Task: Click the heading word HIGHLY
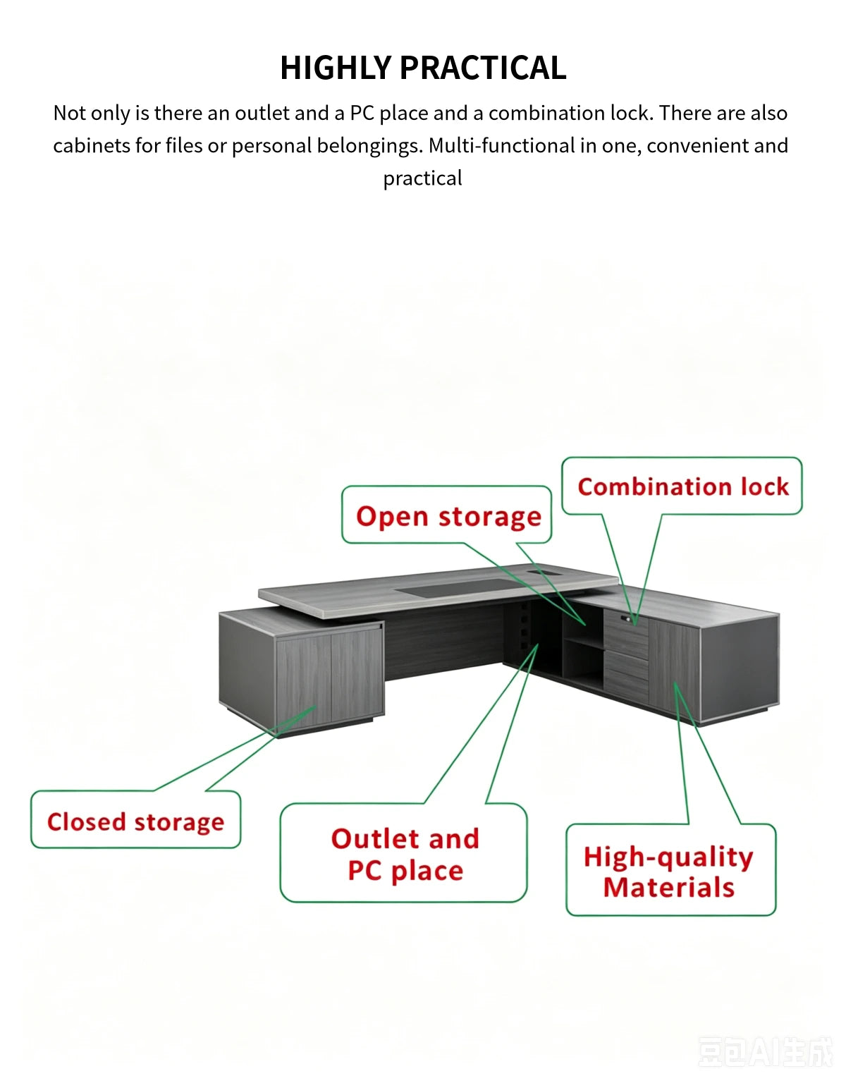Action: point(336,67)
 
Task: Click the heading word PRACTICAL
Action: point(483,67)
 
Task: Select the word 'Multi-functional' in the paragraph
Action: point(502,145)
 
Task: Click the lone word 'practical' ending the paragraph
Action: point(422,178)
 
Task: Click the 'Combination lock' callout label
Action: point(682,487)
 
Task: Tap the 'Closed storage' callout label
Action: point(135,822)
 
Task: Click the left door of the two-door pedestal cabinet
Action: point(304,683)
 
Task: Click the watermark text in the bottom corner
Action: point(766,1051)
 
